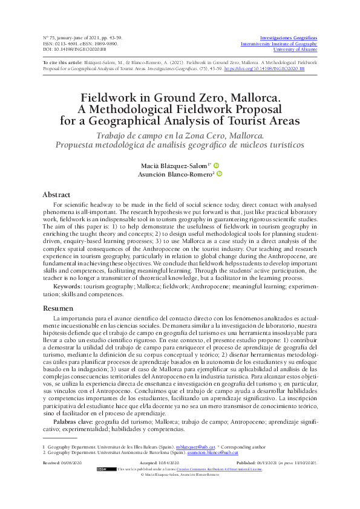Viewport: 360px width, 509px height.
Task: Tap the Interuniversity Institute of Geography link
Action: coord(287,44)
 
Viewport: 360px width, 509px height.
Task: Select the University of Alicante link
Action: coord(295,50)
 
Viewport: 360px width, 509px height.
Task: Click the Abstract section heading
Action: coord(56,195)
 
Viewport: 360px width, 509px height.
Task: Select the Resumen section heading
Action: coord(57,308)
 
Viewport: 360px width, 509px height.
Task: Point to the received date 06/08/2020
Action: coord(71,462)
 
